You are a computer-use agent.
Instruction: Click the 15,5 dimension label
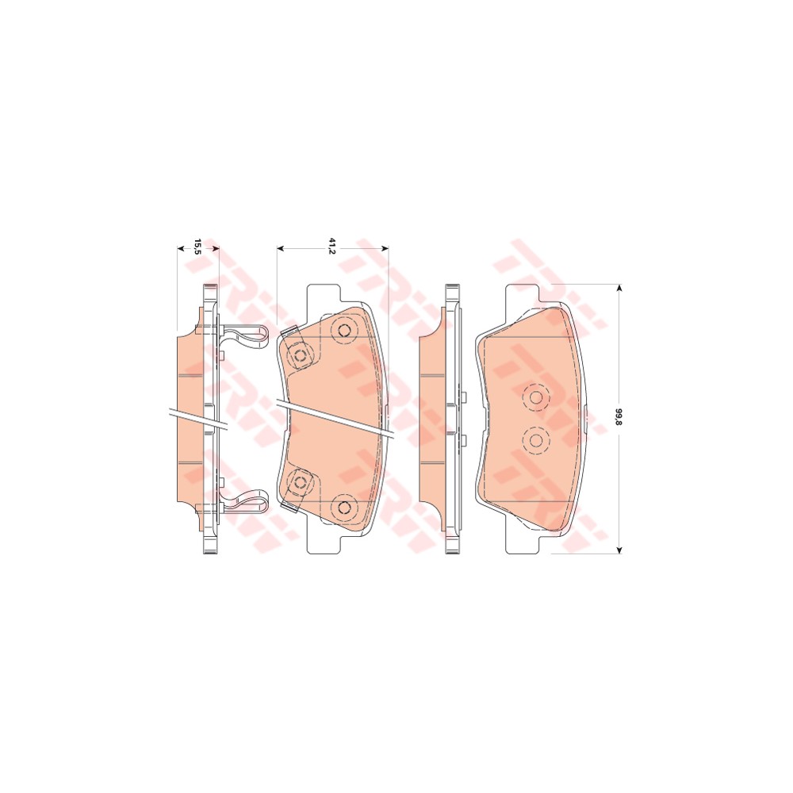(x=197, y=246)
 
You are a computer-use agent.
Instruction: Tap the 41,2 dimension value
(x=332, y=247)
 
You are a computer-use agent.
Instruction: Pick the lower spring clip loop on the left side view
(x=245, y=504)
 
